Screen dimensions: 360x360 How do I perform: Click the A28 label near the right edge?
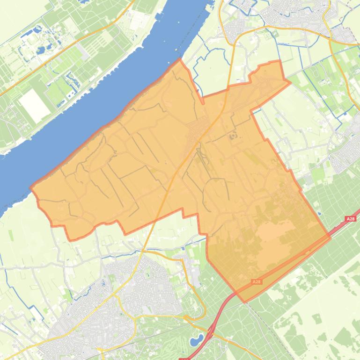350,219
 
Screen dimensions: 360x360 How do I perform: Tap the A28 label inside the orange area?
256,282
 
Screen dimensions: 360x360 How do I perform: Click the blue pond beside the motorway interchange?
198,339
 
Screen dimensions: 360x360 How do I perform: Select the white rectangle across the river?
34,104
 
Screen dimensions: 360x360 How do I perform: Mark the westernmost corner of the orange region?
31,188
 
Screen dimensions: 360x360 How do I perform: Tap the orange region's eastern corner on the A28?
330,238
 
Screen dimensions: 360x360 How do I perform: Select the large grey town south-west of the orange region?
131,290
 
